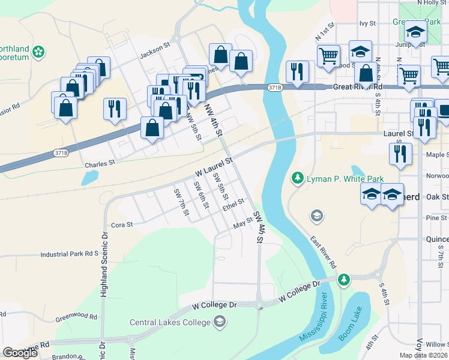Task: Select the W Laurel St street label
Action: click(213, 167)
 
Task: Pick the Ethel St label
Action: click(234, 205)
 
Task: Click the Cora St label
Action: click(121, 225)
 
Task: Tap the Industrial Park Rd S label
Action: click(69, 254)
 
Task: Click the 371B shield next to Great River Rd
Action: click(275, 88)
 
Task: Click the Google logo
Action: click(20, 353)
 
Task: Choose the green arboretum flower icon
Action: click(39, 52)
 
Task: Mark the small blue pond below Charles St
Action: click(90, 177)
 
